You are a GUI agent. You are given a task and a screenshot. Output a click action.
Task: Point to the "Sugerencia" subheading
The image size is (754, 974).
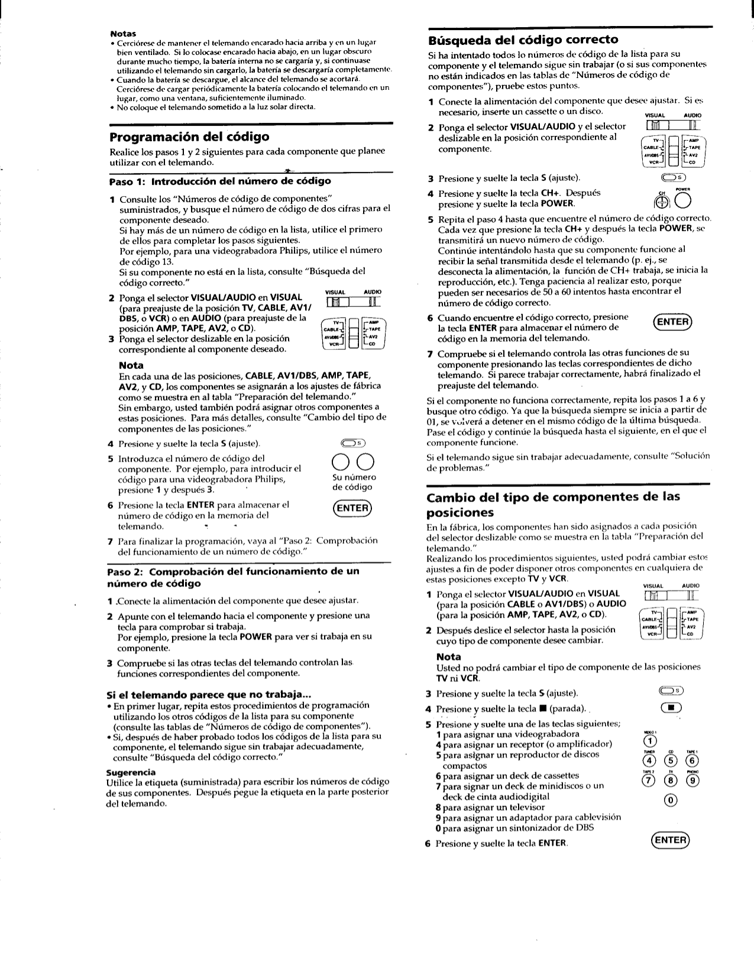131,772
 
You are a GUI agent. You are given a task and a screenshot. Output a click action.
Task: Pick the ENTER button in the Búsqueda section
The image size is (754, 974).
672,322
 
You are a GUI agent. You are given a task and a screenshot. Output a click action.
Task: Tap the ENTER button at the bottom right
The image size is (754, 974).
671,840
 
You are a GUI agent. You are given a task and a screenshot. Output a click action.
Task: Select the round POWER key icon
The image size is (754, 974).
671,202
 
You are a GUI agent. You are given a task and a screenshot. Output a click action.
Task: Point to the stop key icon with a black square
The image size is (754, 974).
671,709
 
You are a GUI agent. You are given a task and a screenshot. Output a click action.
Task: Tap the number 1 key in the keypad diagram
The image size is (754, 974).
650,742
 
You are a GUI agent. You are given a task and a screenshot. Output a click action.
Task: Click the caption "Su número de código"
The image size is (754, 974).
352,482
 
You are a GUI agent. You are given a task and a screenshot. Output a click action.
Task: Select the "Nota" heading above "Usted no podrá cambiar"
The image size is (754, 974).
448,657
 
